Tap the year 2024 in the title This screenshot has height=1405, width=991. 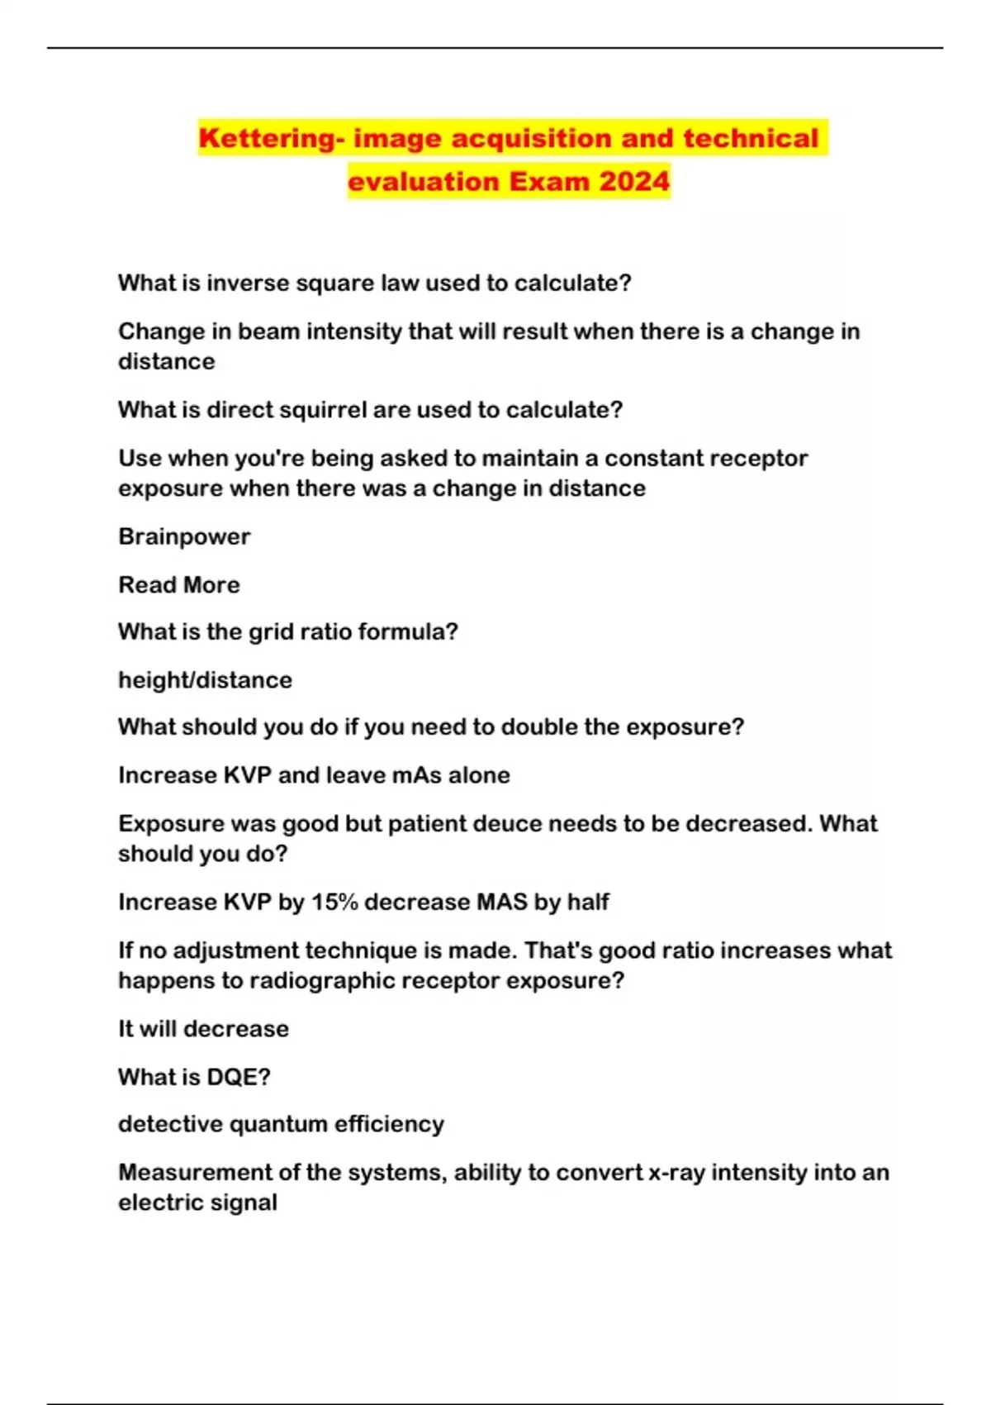pos(633,181)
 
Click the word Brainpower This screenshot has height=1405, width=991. pos(184,536)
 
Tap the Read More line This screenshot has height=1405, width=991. pos(179,584)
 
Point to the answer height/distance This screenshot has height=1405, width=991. pos(205,680)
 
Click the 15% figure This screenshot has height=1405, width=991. pos(334,902)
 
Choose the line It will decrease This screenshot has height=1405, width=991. pos(203,1029)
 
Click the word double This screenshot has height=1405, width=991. pos(539,727)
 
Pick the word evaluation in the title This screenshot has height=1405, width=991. pos(424,181)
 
